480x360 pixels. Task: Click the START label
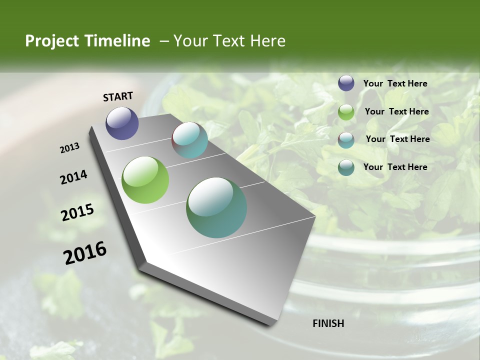[118, 96]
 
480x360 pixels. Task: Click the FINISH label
[328, 323]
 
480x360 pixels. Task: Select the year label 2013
[70, 148]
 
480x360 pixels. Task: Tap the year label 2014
[73, 177]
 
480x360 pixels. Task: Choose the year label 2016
[85, 252]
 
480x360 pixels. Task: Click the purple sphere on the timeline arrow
[122, 123]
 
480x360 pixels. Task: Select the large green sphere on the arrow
[145, 180]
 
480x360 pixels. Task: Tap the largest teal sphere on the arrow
[216, 207]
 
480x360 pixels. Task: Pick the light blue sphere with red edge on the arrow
[189, 140]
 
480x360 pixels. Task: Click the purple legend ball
[346, 83]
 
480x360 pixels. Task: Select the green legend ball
[346, 112]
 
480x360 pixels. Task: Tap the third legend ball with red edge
[346, 139]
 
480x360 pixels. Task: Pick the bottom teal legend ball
[346, 167]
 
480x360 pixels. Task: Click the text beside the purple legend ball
[395, 84]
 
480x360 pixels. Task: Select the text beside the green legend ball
[396, 111]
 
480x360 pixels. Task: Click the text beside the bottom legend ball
[395, 167]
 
